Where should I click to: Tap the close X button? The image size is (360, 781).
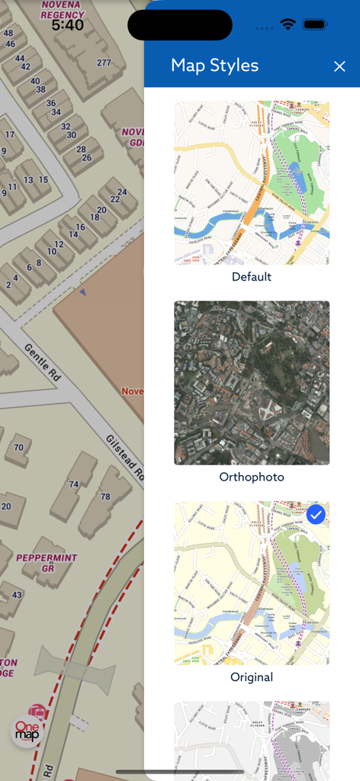click(339, 66)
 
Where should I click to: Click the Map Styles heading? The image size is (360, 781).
click(214, 66)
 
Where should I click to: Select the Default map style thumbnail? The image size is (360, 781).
click(252, 183)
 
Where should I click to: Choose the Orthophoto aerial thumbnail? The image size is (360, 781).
click(252, 383)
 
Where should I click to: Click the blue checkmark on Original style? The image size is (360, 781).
click(316, 515)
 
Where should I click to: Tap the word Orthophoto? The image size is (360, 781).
click(252, 477)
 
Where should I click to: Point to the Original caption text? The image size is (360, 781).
click(252, 677)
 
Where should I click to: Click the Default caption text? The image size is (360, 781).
click(252, 277)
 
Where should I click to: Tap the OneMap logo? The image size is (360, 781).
click(27, 731)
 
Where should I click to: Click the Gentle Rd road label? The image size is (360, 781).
click(43, 362)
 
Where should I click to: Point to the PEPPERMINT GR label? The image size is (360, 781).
click(47, 563)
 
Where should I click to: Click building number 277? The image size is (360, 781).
click(104, 63)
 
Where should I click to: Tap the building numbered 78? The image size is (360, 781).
click(104, 497)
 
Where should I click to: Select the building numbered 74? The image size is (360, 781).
click(73, 484)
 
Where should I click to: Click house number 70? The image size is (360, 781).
click(18, 448)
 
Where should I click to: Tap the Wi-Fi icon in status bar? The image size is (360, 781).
click(288, 24)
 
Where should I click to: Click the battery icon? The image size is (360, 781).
click(315, 24)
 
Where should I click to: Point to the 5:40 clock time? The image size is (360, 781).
click(67, 25)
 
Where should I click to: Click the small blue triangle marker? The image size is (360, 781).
click(83, 292)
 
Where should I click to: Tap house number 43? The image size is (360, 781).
click(17, 595)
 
